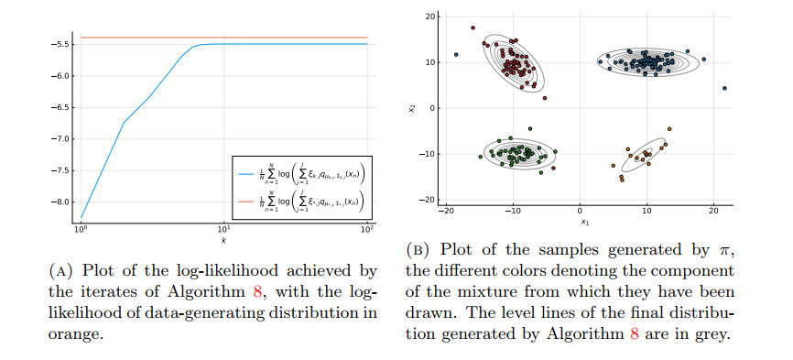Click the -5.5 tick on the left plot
(62, 44)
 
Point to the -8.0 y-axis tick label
(62, 202)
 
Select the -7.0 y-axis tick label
(62, 138)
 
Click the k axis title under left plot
(223, 240)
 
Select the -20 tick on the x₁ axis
(446, 212)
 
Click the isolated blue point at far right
(724, 89)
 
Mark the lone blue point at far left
(456, 55)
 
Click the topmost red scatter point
(473, 28)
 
